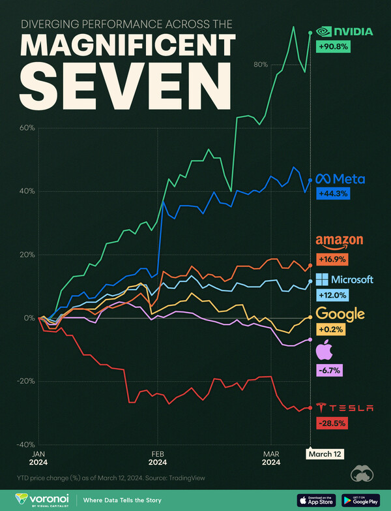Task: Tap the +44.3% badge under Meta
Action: coord(331,193)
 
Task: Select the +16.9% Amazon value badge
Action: coord(331,259)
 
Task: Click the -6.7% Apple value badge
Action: coord(329,371)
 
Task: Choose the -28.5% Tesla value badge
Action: coord(331,423)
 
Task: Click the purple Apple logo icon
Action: coord(323,352)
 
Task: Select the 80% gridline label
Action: coord(261,65)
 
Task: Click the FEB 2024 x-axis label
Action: coord(158,457)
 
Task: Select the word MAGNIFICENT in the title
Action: coord(127,46)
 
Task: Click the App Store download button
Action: coord(316,500)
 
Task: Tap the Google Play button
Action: coord(360,500)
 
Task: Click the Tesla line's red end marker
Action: coord(310,408)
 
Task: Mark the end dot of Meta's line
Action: coord(310,180)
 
